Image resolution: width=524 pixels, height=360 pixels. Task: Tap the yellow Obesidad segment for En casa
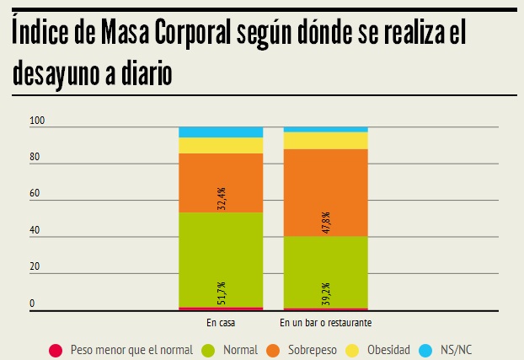[x=221, y=145]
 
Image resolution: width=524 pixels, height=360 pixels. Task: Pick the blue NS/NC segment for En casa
[x=221, y=132]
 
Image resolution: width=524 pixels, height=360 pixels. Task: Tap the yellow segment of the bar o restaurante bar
[x=325, y=140]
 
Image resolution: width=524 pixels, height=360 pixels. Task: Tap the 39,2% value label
[x=325, y=293]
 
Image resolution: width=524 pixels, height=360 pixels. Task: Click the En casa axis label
[x=221, y=323]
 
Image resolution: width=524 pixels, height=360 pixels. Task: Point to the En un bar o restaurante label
[x=326, y=323]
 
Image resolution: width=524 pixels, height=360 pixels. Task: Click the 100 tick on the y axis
[x=36, y=122]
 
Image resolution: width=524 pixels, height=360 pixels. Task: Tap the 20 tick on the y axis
[x=35, y=267]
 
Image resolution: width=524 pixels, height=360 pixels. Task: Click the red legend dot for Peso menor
[x=56, y=349]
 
